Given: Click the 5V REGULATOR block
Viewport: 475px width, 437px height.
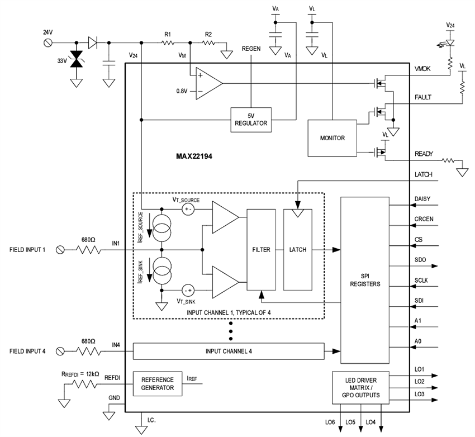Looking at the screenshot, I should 251,120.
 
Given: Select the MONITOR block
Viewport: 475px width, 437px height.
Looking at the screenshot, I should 331,138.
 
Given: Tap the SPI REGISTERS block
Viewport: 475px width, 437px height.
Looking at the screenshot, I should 365,280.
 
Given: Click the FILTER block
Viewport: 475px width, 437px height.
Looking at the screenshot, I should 261,250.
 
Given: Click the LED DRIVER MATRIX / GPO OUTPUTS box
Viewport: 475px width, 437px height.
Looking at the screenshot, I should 360,387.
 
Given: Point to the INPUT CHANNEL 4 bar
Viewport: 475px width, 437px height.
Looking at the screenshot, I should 229,351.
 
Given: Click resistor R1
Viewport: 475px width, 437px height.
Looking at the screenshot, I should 167,43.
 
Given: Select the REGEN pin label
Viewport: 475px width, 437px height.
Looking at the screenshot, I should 251,49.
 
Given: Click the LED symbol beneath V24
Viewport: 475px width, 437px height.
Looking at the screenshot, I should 450,42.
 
